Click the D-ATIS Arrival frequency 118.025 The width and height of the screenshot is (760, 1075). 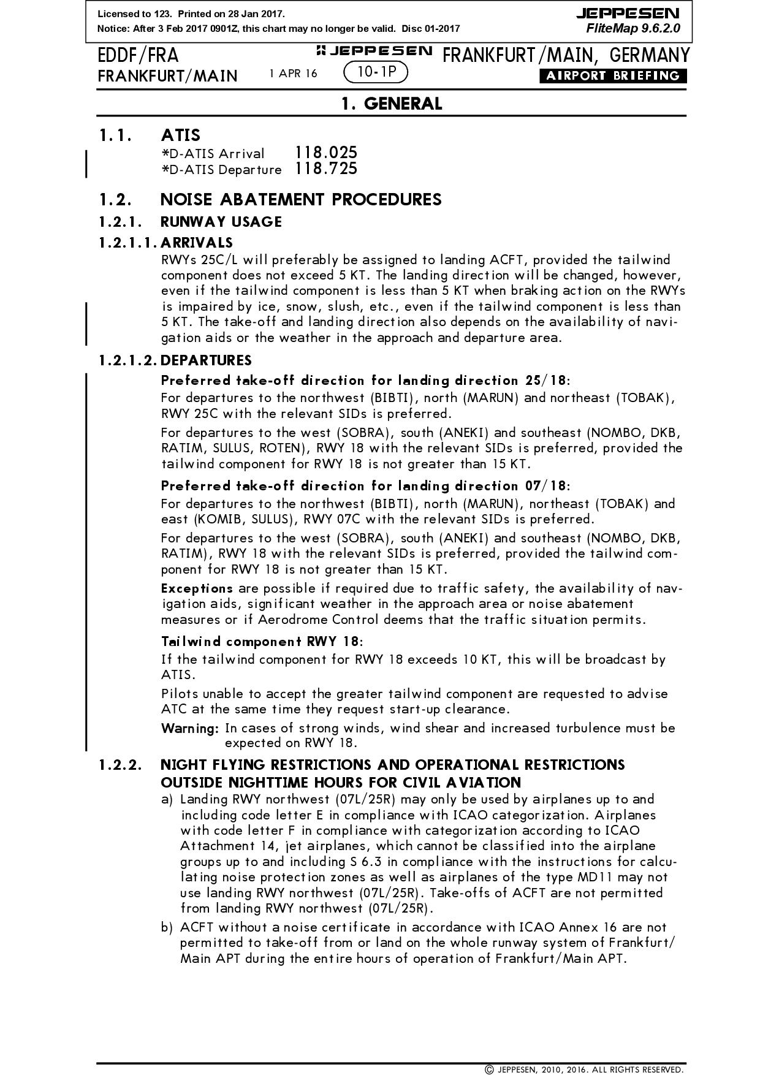325,153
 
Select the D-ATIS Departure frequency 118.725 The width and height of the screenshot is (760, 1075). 325,169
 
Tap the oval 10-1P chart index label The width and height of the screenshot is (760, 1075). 376,72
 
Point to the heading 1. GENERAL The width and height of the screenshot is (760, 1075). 392,104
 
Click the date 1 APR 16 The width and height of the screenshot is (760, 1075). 293,74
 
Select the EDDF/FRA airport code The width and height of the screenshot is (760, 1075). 138,56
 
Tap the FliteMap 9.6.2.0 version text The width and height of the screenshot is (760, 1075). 633,28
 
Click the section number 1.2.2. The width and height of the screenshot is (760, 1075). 120,765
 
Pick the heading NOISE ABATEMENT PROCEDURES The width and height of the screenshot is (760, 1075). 300,200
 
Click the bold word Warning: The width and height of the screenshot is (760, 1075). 190,728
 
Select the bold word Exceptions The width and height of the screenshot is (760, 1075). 197,588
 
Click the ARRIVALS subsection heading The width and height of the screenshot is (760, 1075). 196,243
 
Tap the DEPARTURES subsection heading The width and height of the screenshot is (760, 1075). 206,360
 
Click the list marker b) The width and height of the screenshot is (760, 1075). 167,927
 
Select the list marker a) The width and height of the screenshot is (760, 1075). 167,799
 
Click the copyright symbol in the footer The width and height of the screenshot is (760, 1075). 489,1069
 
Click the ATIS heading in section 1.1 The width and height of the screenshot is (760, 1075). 180,135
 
